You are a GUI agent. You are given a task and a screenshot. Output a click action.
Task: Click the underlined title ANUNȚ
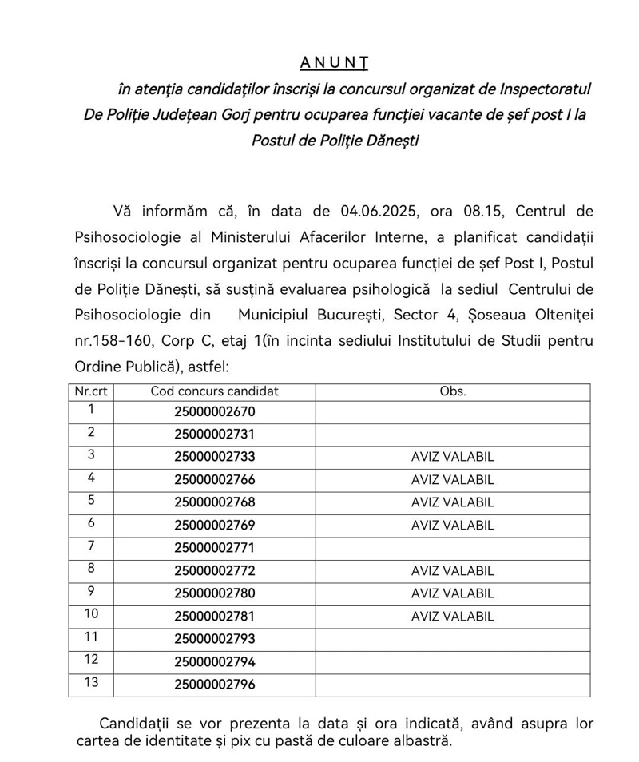[328, 62]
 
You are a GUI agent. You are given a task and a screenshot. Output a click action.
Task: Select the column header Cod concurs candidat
[214, 391]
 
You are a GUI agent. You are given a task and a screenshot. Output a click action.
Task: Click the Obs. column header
[452, 391]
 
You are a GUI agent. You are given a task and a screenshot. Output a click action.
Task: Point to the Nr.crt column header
[91, 391]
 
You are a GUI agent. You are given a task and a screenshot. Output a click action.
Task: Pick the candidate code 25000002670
[214, 412]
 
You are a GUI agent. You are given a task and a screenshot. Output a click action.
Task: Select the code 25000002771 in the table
[214, 549]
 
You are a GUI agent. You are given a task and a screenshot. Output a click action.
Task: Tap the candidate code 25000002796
[214, 685]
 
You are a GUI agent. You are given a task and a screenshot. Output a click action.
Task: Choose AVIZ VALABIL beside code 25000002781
[452, 617]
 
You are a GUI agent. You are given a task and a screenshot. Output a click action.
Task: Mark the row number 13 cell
[91, 684]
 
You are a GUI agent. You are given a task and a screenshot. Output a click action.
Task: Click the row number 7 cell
[91, 547]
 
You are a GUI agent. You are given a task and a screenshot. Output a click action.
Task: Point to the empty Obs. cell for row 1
[452, 412]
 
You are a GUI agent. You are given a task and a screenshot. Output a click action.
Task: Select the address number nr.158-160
[113, 341]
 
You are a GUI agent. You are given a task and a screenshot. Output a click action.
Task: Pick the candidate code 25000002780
[214, 594]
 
